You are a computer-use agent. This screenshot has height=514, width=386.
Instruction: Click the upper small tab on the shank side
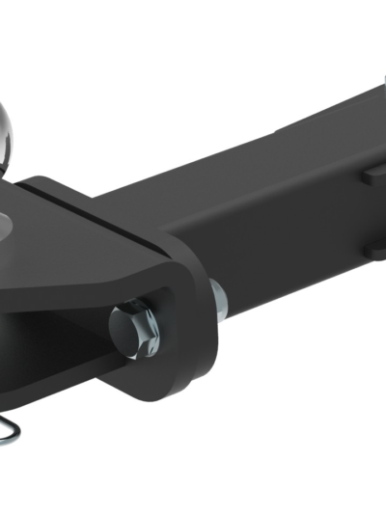[374, 176]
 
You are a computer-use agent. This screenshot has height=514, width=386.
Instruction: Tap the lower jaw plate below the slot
[58, 386]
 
